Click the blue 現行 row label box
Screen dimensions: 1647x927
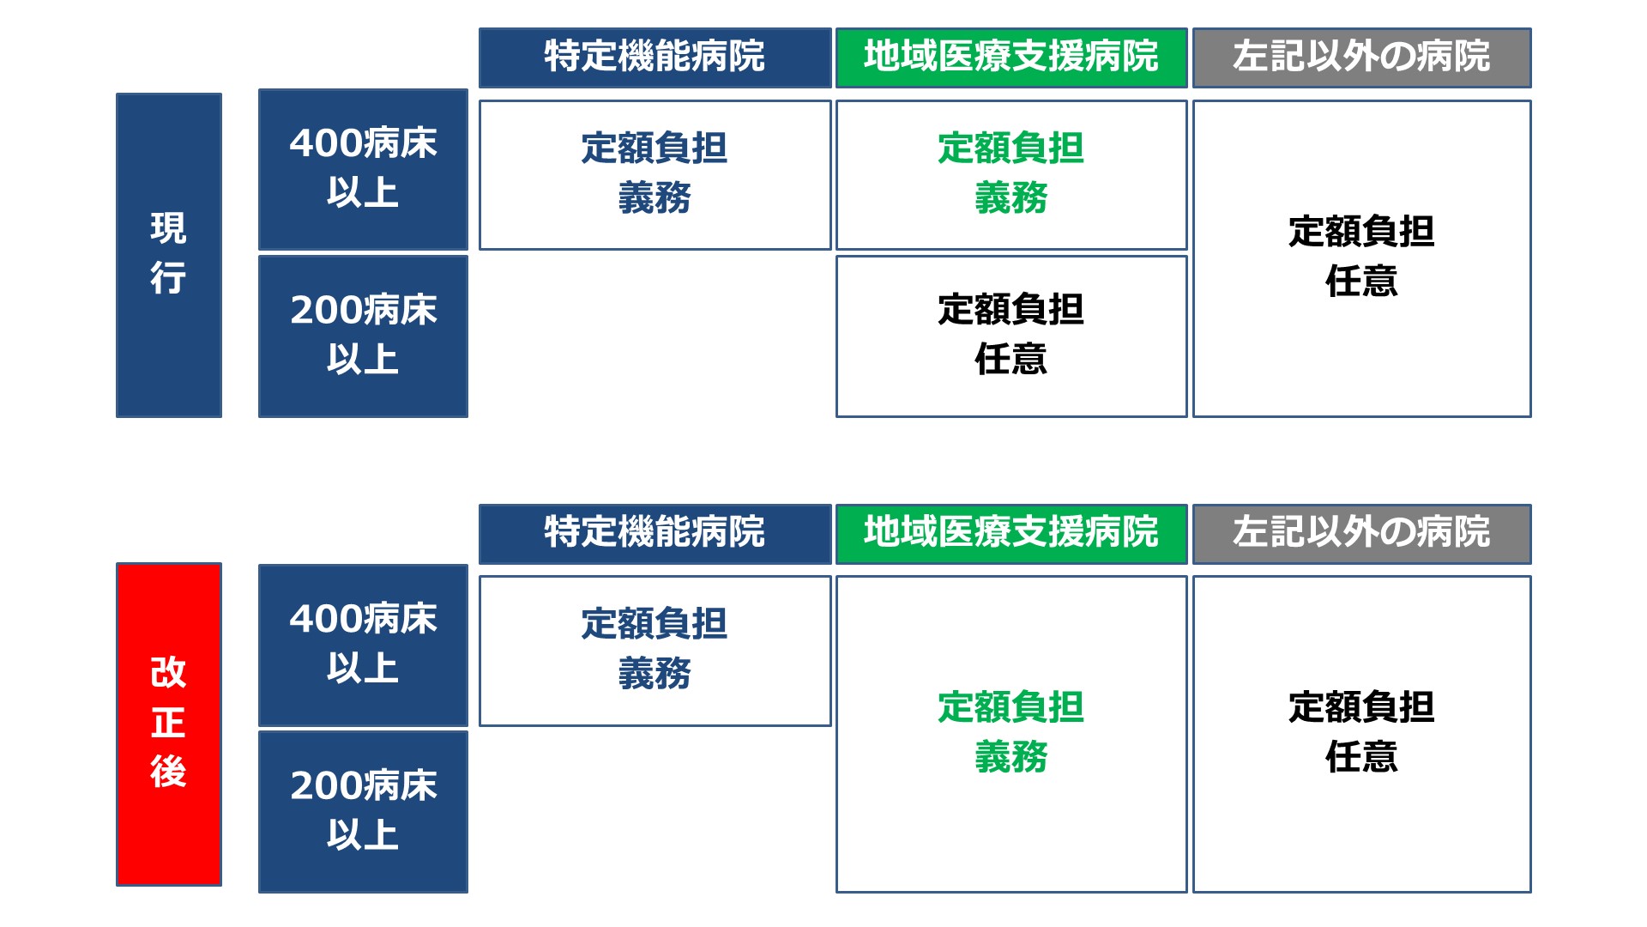point(169,255)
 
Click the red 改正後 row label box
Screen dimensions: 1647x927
point(169,724)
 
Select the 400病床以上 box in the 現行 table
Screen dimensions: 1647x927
point(363,169)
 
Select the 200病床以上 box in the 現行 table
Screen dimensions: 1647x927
point(363,336)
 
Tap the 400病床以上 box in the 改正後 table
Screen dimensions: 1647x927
point(363,645)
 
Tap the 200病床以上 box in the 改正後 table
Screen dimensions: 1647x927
point(363,811)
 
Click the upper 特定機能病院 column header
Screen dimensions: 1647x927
point(655,58)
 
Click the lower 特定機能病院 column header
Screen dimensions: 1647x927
point(655,533)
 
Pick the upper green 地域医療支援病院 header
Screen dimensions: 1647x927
point(1011,58)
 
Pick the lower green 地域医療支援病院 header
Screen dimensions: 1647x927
point(1011,533)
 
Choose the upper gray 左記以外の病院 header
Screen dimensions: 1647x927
point(1362,58)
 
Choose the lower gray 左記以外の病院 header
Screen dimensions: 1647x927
point(1362,533)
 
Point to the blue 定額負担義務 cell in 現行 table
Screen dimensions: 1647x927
point(655,175)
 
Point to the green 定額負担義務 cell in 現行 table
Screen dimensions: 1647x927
point(1011,175)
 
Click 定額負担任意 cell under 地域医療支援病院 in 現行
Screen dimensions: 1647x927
point(1011,336)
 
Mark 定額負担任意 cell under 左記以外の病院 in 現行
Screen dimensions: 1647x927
point(1362,259)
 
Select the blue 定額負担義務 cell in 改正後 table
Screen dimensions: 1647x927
point(655,651)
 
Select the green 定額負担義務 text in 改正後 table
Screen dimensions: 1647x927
point(1011,732)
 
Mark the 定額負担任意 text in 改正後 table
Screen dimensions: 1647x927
point(1362,732)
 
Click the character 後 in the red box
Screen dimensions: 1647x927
point(168,771)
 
